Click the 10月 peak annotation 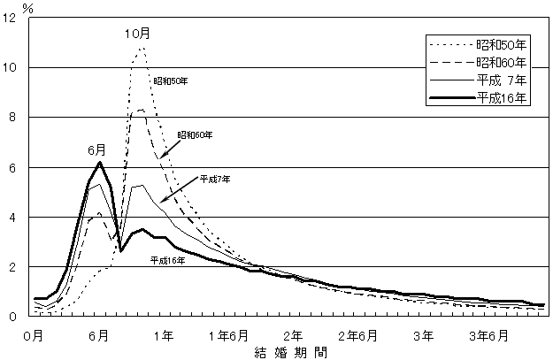(x=136, y=34)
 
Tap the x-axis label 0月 (x=33, y=335)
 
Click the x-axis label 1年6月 (x=228, y=335)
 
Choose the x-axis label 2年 (x=293, y=335)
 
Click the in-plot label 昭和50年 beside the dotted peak (x=170, y=80)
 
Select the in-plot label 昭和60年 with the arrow (x=195, y=135)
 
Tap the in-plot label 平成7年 (x=215, y=180)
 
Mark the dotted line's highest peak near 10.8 (x=142, y=49)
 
